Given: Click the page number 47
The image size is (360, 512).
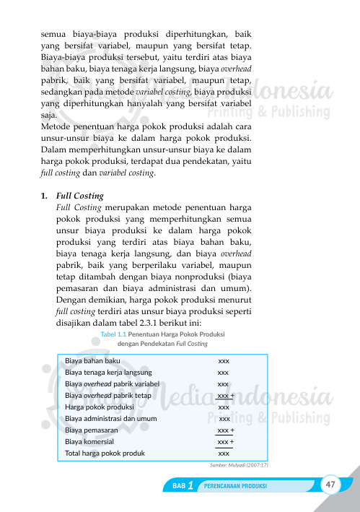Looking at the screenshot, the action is click(331, 483).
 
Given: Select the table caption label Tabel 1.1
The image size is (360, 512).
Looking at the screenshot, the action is click(114, 334).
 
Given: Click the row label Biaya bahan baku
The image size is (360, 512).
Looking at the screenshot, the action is click(92, 360).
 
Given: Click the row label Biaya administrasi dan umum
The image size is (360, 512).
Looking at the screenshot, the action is click(110, 418).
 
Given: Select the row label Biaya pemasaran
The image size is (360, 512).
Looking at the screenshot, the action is click(92, 430).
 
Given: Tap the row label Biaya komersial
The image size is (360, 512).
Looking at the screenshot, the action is click(89, 441).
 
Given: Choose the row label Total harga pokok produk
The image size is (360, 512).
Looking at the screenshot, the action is click(105, 454).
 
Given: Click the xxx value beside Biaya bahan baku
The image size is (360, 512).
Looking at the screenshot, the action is click(224, 360).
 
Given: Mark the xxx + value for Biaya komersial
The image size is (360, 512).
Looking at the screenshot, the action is click(225, 441).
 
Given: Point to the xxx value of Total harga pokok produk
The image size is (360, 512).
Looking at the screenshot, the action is click(224, 454).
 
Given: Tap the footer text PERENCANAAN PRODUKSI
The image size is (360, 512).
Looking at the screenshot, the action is click(236, 486).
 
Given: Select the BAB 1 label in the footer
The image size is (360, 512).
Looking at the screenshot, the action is click(183, 485).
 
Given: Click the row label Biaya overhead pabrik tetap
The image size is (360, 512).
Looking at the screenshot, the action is click(108, 396).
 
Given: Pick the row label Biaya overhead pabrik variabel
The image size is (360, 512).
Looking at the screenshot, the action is click(112, 383).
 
